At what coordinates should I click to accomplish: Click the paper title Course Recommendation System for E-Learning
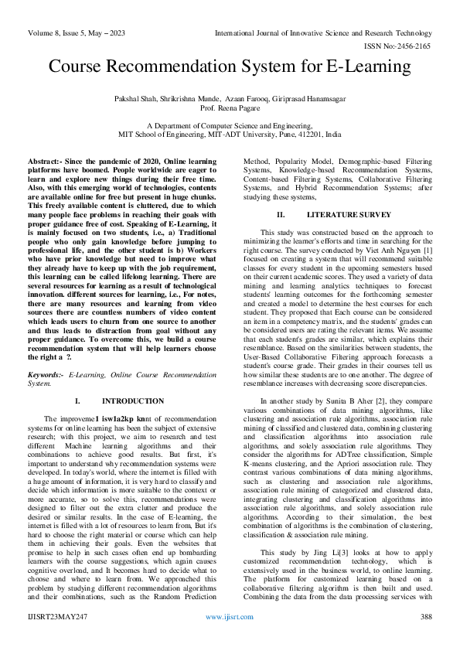[230, 66]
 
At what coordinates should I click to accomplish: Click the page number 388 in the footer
[425, 639]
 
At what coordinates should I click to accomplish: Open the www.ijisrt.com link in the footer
[230, 639]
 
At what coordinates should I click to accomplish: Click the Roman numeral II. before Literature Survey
[281, 213]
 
